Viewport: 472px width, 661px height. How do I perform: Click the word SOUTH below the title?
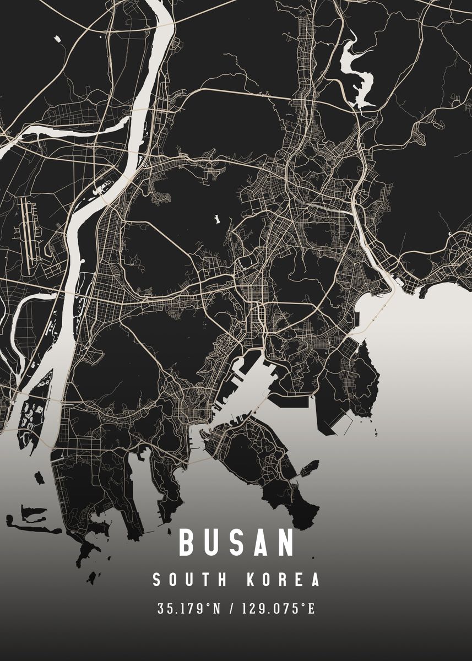pos(189,580)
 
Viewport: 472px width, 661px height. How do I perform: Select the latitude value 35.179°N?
pos(189,609)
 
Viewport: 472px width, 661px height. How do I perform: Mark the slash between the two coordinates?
pos(230,609)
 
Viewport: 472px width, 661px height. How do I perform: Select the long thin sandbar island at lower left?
pos(36,529)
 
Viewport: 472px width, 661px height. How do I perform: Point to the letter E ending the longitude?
pos(311,609)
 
